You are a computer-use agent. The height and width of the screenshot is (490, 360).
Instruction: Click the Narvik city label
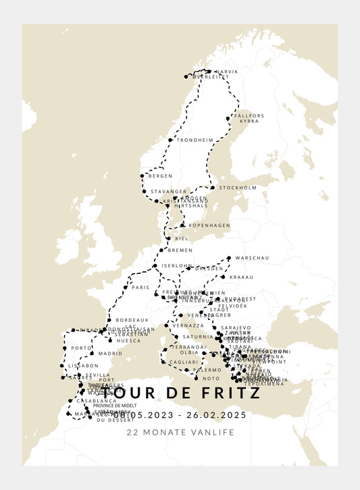pyautogui.click(x=226, y=72)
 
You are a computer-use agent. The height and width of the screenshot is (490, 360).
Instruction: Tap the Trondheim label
pyautogui.click(x=195, y=140)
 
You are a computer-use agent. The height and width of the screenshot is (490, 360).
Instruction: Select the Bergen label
pyautogui.click(x=161, y=175)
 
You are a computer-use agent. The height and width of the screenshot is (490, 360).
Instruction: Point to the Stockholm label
pyautogui.click(x=238, y=188)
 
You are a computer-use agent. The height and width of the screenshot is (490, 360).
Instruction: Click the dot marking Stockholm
pyautogui.click(x=212, y=188)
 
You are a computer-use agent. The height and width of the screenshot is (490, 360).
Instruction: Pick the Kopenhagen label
pyautogui.click(x=209, y=225)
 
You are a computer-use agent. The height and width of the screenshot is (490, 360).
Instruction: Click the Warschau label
pyautogui.click(x=253, y=258)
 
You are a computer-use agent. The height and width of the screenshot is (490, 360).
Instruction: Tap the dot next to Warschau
pyautogui.click(x=230, y=258)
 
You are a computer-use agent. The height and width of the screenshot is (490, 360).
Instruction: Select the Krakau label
pyautogui.click(x=241, y=277)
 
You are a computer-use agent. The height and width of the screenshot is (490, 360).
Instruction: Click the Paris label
pyautogui.click(x=140, y=287)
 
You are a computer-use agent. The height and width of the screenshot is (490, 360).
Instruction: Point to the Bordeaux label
pyautogui.click(x=132, y=319)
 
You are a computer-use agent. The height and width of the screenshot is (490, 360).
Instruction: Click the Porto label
pyautogui.click(x=81, y=348)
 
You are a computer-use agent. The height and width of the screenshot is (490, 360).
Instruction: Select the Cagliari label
pyautogui.click(x=184, y=362)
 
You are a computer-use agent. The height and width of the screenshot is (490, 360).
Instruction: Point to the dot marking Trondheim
pyautogui.click(x=171, y=140)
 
